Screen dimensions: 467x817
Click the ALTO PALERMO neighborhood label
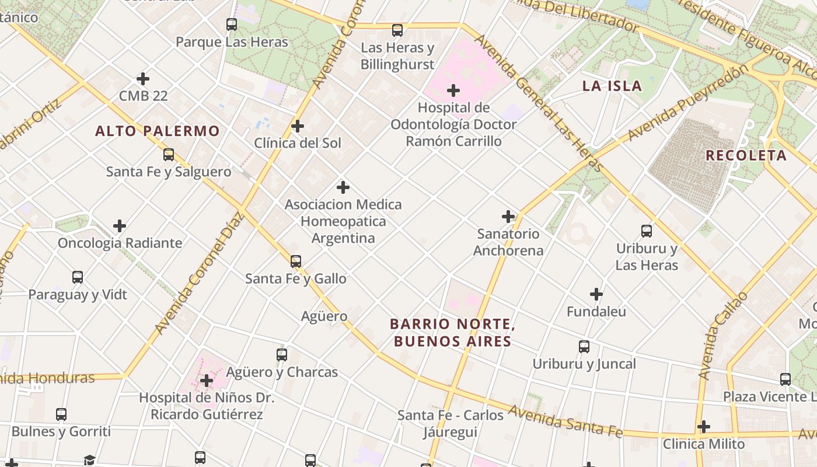pyautogui.click(x=158, y=131)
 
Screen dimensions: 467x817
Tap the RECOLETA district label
pyautogui.click(x=746, y=156)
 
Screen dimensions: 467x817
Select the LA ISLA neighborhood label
pyautogui.click(x=612, y=86)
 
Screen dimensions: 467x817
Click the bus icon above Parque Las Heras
pyautogui.click(x=232, y=25)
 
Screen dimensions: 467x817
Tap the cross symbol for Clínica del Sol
pyautogui.click(x=298, y=126)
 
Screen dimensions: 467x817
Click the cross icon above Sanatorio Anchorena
pyautogui.click(x=508, y=217)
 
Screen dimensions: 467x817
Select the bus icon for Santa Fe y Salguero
pyautogui.click(x=169, y=155)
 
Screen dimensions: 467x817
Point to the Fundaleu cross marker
pyautogui.click(x=596, y=294)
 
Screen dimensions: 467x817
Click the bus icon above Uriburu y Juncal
pyautogui.click(x=584, y=347)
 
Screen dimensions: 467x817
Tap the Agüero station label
pyautogui.click(x=324, y=316)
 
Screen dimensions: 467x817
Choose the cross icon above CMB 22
pyautogui.click(x=143, y=79)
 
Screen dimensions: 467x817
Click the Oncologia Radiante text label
pyautogui.click(x=120, y=243)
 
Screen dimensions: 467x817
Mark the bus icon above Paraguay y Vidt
pyautogui.click(x=78, y=277)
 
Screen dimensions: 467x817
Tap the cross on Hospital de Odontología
pyautogui.click(x=453, y=90)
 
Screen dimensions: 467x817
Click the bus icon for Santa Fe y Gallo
pyautogui.click(x=296, y=262)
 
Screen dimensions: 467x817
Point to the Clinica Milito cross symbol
pyautogui.click(x=704, y=427)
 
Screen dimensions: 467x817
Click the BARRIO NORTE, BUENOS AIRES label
pyautogui.click(x=452, y=332)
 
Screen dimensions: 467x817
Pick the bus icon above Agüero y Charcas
pyautogui.click(x=282, y=354)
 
